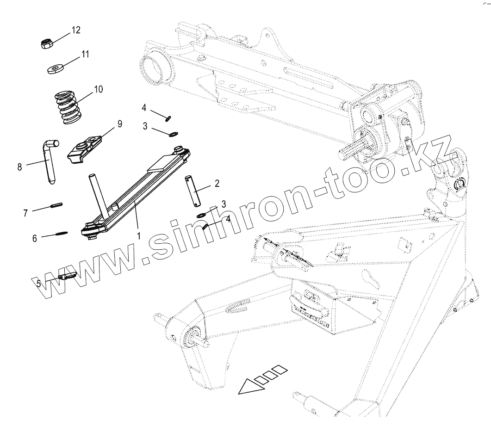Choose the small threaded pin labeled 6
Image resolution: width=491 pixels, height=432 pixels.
(62, 234)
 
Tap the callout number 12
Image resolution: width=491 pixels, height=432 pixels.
(75, 30)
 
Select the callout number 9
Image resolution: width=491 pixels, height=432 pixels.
(119, 123)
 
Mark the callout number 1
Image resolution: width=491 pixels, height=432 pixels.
(138, 235)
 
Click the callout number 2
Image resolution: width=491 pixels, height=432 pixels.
(217, 184)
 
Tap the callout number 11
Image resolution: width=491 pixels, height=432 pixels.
(85, 54)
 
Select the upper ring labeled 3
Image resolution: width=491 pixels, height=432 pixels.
(173, 134)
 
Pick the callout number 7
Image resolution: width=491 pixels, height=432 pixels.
(25, 213)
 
